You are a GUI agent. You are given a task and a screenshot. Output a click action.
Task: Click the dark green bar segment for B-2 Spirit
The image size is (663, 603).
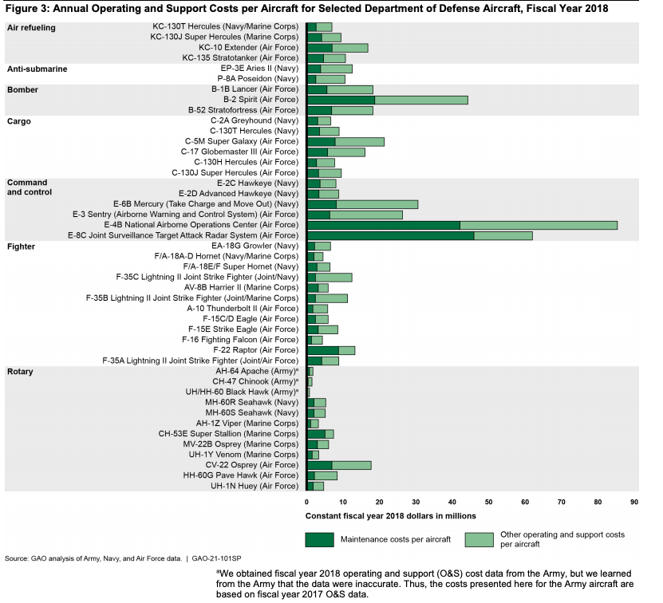(341, 100)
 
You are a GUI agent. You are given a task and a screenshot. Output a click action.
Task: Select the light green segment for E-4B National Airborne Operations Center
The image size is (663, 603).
(539, 225)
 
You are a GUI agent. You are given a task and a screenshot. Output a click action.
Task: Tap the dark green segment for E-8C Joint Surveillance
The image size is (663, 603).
(390, 235)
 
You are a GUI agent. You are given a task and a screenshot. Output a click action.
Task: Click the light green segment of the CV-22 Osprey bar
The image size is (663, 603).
(351, 465)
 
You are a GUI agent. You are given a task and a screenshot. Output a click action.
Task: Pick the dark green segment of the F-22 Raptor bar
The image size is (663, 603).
(322, 350)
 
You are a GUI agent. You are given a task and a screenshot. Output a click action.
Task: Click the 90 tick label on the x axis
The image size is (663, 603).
(634, 503)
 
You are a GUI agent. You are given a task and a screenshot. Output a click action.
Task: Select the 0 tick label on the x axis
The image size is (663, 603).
(306, 503)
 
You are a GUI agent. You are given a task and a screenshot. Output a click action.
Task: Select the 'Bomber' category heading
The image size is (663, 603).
(23, 89)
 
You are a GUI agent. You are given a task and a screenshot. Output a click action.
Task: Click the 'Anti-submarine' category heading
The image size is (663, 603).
(37, 69)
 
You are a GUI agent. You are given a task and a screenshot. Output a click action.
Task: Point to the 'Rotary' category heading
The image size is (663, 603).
(22, 372)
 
